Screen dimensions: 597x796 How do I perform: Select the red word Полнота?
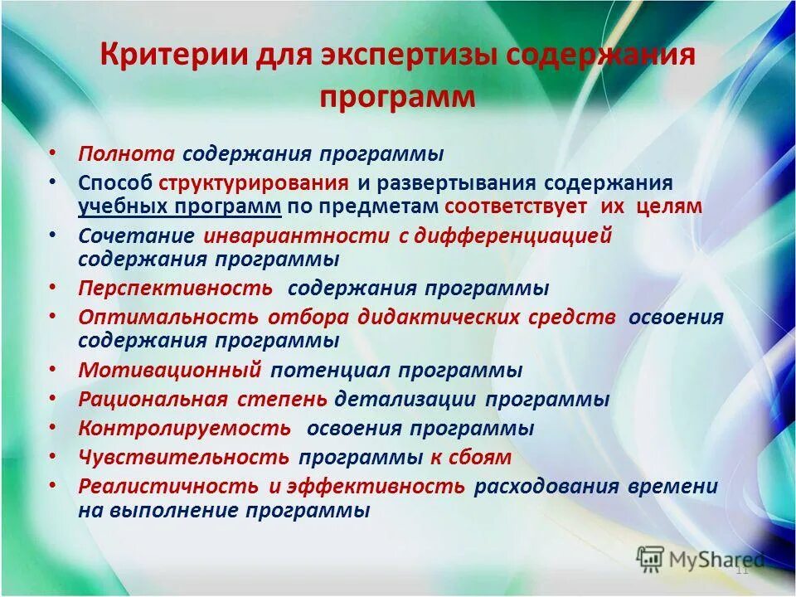point(126,155)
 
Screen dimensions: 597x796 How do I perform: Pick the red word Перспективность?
point(175,289)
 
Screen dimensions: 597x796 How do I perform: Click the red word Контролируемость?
point(184,429)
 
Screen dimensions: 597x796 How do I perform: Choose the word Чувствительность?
point(184,458)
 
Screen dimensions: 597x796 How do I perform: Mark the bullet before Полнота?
point(53,154)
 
